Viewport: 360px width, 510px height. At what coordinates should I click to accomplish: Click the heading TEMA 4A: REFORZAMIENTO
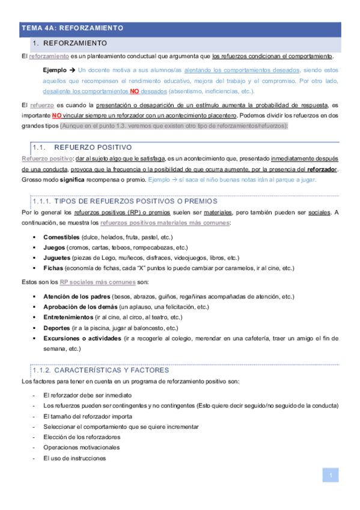(x=72, y=28)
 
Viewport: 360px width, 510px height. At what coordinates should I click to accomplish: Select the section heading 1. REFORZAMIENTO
(x=70, y=44)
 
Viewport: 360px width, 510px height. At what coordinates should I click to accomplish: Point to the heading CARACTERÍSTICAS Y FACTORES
(x=111, y=370)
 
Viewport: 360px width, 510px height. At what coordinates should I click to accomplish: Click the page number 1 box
(x=330, y=476)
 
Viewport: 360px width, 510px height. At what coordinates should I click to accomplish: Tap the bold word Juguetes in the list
(x=57, y=257)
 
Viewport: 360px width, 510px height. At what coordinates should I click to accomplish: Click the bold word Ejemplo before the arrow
(x=55, y=70)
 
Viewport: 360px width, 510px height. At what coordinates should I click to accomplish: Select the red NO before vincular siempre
(x=56, y=115)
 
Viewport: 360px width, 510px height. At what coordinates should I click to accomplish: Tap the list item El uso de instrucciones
(x=75, y=458)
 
